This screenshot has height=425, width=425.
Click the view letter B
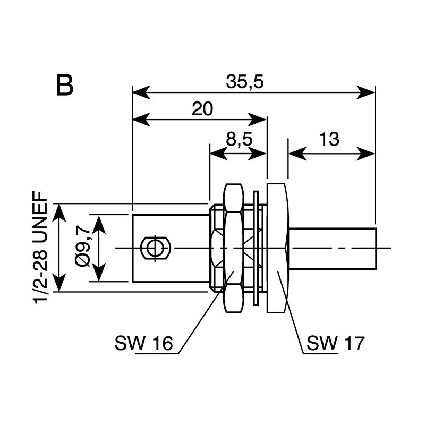pos(65,85)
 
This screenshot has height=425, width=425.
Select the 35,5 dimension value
pos(245,81)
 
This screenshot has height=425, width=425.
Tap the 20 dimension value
pos(202,109)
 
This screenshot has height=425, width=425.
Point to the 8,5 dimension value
pos(239,139)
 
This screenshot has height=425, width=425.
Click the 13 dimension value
pos(329,139)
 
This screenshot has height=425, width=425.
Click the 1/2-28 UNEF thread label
pos(40,247)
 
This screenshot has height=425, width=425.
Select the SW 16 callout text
pos(143,343)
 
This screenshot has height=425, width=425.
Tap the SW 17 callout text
pos(336,343)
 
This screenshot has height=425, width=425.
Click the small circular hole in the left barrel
pos(155,248)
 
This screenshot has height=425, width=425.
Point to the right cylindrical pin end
pos(333,249)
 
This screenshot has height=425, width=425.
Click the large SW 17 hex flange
pos(277,248)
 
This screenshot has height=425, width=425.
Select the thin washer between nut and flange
pos(256,248)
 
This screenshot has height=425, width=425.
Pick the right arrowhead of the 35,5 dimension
pos(366,92)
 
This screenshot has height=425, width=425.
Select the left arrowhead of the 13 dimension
pos(297,154)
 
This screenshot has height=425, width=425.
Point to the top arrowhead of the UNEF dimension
pos(59,214)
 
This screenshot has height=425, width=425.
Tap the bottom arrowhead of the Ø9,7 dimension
pos(99,272)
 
